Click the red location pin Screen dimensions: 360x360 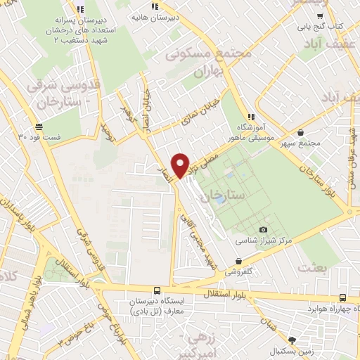[x=181, y=165]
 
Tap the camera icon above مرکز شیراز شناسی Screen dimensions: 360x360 [x=264, y=229]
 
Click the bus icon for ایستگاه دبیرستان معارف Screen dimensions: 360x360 [x=157, y=290]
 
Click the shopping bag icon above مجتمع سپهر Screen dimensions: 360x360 [x=301, y=132]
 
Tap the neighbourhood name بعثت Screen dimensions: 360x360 [x=313, y=267]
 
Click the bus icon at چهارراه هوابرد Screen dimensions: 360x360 [x=342, y=298]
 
